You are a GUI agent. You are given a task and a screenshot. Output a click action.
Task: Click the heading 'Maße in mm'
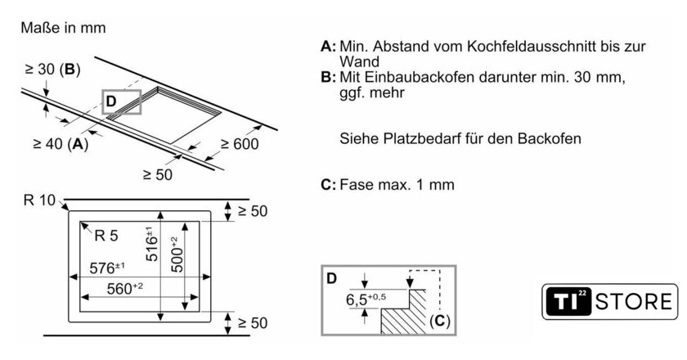[x=64, y=28]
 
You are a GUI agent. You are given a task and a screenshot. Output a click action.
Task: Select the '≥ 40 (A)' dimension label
[x=60, y=144]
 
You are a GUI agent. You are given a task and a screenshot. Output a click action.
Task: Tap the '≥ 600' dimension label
[x=239, y=145]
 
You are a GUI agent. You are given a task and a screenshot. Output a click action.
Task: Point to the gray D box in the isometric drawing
[x=122, y=101]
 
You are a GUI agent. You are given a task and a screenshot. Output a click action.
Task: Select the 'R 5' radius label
[x=106, y=236]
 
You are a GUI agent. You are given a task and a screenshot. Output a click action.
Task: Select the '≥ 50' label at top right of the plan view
[x=251, y=211]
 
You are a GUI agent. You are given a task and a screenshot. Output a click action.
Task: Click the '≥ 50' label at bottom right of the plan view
[x=251, y=323]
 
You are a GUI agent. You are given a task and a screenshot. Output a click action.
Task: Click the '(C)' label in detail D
[x=439, y=320]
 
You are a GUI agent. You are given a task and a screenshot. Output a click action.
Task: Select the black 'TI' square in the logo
[x=565, y=301]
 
